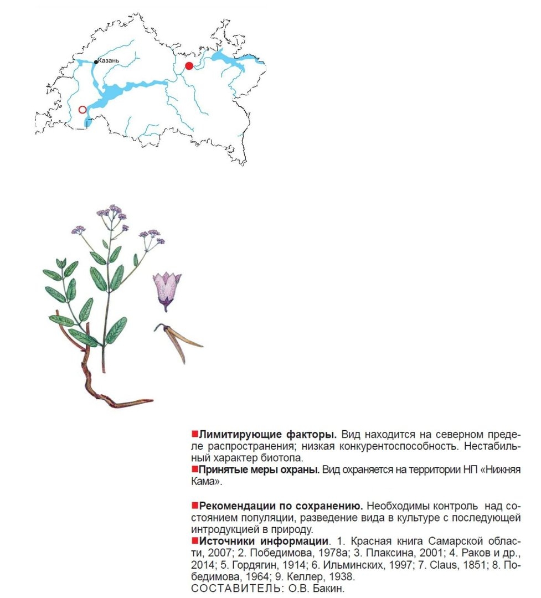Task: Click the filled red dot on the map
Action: (189, 66)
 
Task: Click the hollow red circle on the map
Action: (83, 110)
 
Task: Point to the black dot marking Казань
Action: (96, 62)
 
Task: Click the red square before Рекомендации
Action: (194, 506)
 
